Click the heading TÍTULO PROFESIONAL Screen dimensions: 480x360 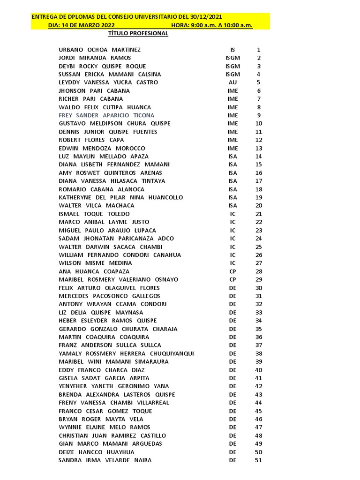(x=138, y=34)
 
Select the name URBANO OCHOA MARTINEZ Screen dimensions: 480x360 (x=99, y=50)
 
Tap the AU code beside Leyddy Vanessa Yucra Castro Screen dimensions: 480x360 (x=232, y=82)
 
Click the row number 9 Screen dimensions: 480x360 (x=259, y=115)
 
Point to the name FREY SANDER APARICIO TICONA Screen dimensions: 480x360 (x=106, y=115)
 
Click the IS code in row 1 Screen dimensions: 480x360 (x=232, y=50)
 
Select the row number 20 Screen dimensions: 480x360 (x=259, y=205)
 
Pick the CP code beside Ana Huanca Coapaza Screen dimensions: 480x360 (x=232, y=271)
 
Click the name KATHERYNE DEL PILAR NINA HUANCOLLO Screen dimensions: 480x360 (x=120, y=197)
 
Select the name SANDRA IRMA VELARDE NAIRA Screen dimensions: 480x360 (x=105, y=460)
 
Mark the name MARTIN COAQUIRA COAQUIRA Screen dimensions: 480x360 (x=104, y=337)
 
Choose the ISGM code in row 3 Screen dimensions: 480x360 (x=232, y=66)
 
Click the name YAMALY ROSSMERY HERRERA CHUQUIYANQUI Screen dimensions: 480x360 (x=126, y=353)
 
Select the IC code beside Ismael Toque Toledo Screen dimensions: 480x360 (x=232, y=214)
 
